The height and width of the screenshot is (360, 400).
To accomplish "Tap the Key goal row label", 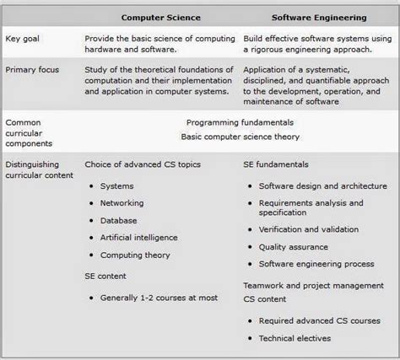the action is pos(24,40).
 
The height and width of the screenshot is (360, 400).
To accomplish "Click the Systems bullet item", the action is pos(117,185).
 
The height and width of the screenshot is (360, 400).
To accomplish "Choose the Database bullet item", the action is pos(120,220).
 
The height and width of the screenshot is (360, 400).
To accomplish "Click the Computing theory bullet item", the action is pos(133,255).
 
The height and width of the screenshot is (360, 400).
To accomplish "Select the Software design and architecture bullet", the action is pos(322,185).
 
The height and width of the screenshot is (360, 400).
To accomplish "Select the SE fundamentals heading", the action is pos(275,164).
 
